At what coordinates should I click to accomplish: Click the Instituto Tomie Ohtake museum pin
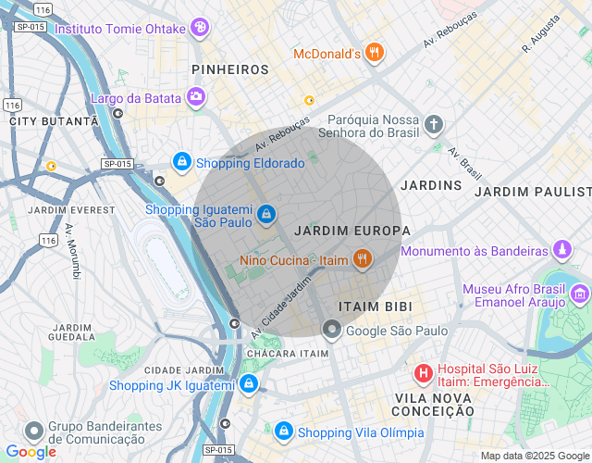(200, 28)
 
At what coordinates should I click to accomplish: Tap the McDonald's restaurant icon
(374, 53)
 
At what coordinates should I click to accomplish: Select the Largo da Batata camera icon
(196, 95)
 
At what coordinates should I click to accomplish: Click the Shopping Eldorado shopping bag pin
(182, 162)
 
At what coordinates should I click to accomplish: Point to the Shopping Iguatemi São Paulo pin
(266, 215)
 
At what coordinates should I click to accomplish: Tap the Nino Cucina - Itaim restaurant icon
(362, 260)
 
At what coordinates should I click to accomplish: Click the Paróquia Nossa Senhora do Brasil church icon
(435, 124)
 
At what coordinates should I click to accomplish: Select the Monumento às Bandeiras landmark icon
(561, 250)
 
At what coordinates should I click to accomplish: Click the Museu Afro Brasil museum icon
(580, 294)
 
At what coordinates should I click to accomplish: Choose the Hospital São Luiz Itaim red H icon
(423, 374)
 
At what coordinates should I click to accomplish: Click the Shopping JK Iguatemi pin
(248, 384)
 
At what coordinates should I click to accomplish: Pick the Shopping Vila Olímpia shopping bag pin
(284, 432)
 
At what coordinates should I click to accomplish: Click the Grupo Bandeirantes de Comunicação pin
(34, 432)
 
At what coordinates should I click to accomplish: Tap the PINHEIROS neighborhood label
(229, 69)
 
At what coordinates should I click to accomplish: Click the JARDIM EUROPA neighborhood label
(351, 230)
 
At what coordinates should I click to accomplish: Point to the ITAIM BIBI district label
(375, 306)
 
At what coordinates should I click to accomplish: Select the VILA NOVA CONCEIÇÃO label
(433, 404)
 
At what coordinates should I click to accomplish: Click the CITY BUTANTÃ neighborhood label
(53, 121)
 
